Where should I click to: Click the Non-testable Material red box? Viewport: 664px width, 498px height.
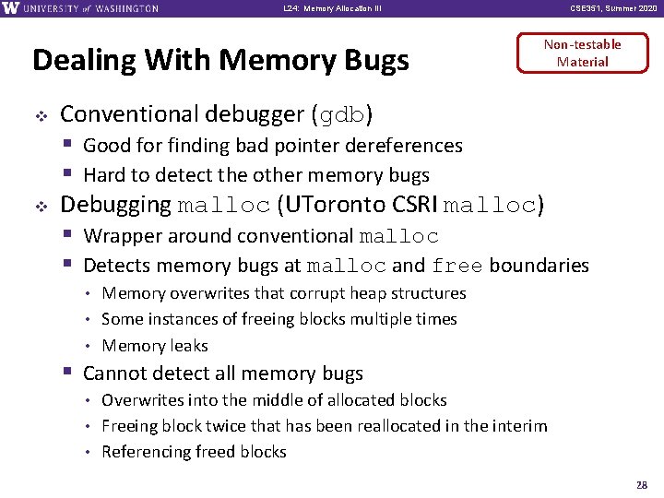tap(582, 53)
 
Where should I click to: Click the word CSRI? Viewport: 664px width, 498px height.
tap(416, 205)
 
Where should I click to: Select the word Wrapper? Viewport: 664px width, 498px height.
tap(117, 237)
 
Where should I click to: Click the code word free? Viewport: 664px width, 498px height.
tap(456, 267)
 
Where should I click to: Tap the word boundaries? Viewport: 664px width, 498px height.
tap(539, 266)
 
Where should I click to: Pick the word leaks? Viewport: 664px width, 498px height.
tap(188, 346)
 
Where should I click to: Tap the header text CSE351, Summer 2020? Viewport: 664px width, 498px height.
tap(614, 8)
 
